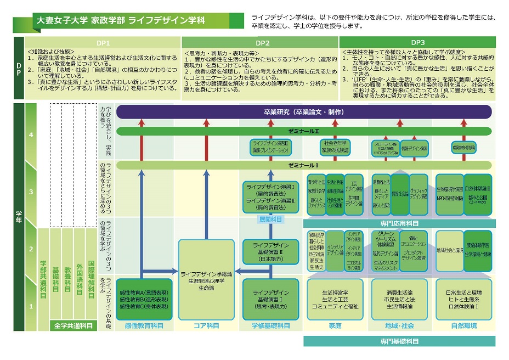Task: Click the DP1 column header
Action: (104, 42)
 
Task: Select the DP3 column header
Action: (417, 42)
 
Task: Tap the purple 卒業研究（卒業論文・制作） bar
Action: (303, 112)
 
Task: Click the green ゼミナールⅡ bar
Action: (303, 132)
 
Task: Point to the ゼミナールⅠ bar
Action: (303, 165)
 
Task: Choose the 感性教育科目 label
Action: (144, 325)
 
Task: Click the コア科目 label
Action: (206, 325)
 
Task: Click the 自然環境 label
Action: (463, 325)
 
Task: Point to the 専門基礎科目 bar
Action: (399, 341)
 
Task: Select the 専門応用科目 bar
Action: (399, 223)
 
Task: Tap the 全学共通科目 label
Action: (73, 325)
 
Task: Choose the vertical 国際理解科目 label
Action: (92, 280)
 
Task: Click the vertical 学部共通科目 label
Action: (43, 280)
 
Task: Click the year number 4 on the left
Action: (31, 134)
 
